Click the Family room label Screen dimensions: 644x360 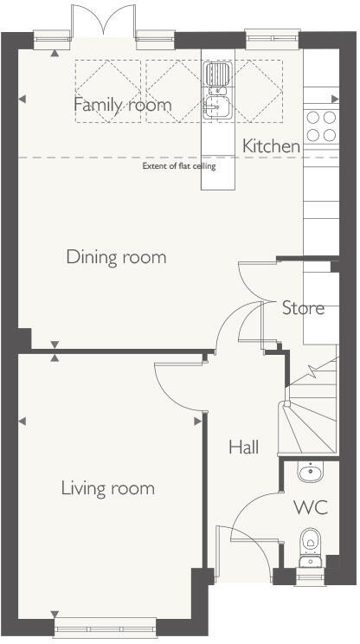click(122, 105)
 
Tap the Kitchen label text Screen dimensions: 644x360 click(271, 146)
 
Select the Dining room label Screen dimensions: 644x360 click(116, 257)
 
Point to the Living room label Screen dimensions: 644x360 click(107, 488)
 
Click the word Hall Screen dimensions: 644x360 click(243, 448)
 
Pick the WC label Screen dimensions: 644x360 click(310, 507)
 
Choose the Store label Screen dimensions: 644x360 click(303, 307)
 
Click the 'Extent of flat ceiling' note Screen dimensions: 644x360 click(179, 166)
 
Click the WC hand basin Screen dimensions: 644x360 click(310, 472)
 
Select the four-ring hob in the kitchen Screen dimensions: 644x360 click(321, 126)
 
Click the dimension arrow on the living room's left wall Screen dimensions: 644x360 click(22, 421)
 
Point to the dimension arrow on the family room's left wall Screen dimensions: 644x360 click(22, 100)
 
